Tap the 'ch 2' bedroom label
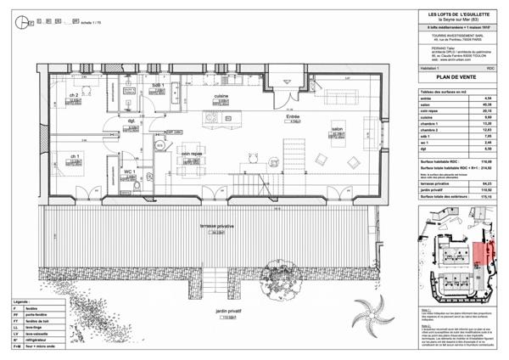(x=75, y=95)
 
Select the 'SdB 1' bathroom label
(x=158, y=86)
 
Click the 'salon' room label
(x=337, y=129)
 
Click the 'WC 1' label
(x=130, y=172)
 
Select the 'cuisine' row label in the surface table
(x=427, y=118)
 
